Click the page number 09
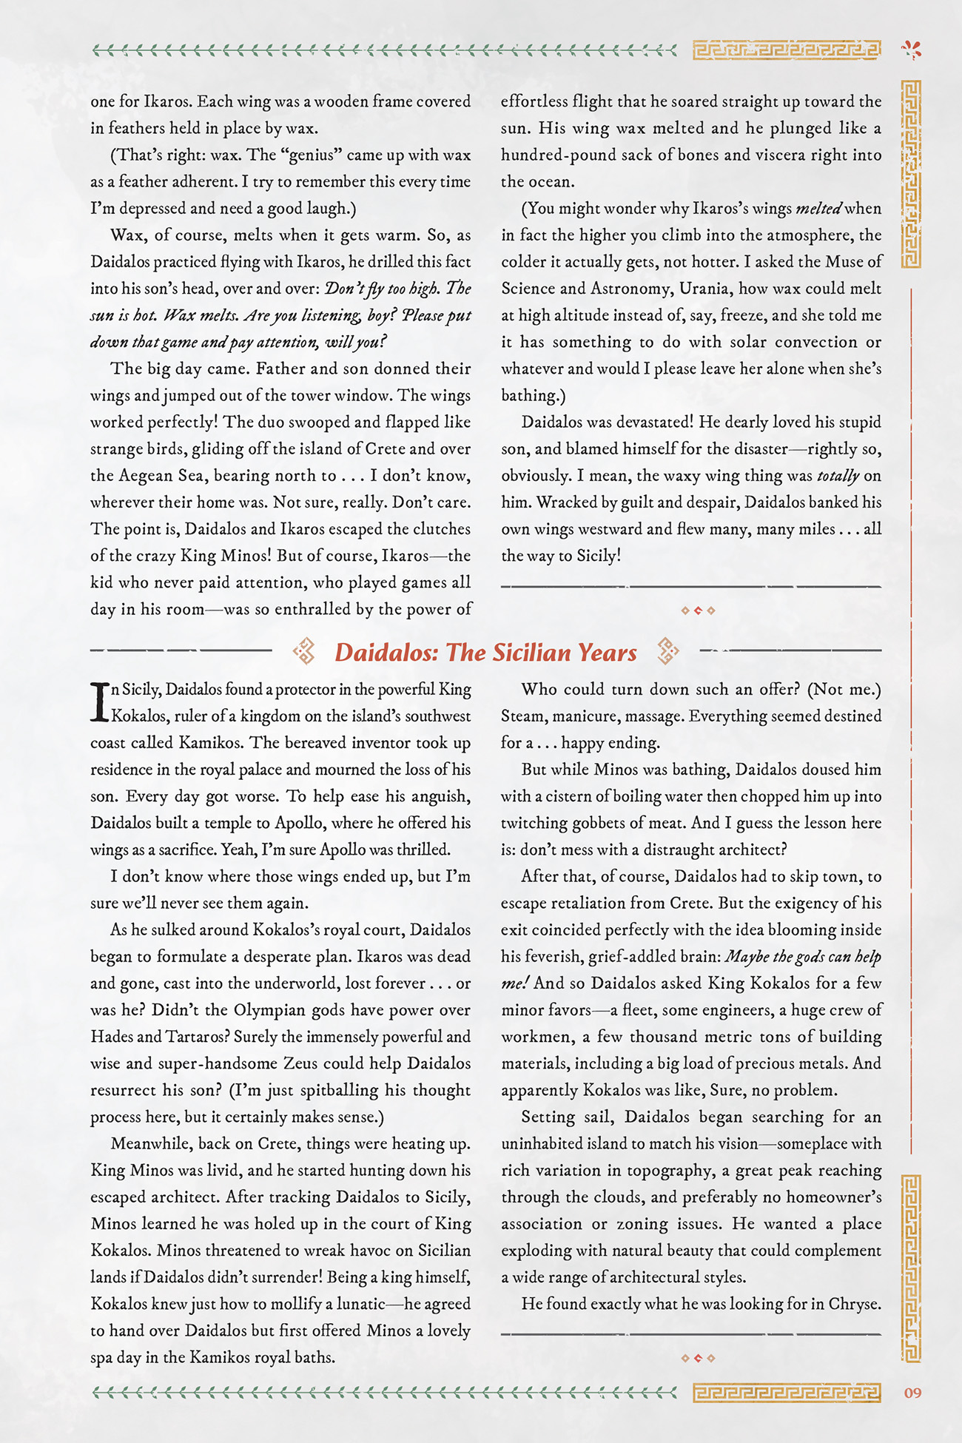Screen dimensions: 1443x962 [x=912, y=1393]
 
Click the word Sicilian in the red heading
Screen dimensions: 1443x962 [x=534, y=653]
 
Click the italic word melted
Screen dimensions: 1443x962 [x=818, y=209]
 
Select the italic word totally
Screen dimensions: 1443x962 [x=838, y=476]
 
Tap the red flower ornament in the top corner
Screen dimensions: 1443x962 [x=912, y=50]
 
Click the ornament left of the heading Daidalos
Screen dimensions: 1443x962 [x=304, y=651]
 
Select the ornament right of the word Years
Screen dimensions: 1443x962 [x=667, y=651]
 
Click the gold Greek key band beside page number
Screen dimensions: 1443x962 [x=787, y=1393]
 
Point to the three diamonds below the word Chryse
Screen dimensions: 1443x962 [x=698, y=1359]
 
